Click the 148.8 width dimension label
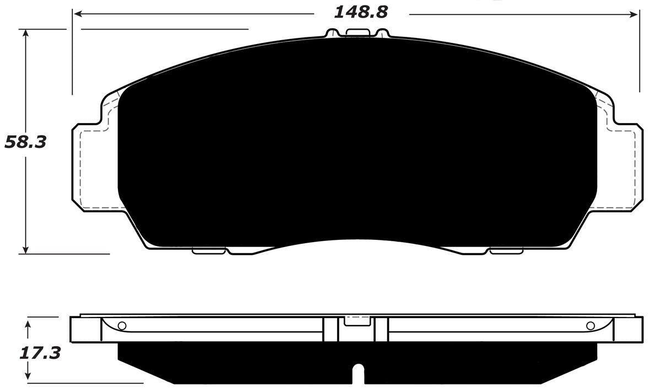click(x=361, y=12)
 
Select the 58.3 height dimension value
click(x=25, y=142)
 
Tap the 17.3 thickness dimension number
click(x=40, y=353)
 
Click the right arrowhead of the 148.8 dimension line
click(x=635, y=12)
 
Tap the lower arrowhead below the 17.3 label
click(x=28, y=378)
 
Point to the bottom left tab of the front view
click(x=209, y=251)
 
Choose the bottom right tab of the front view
click(x=506, y=251)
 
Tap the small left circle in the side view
click(x=122, y=325)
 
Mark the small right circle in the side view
click(x=590, y=325)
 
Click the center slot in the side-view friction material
click(x=357, y=374)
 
